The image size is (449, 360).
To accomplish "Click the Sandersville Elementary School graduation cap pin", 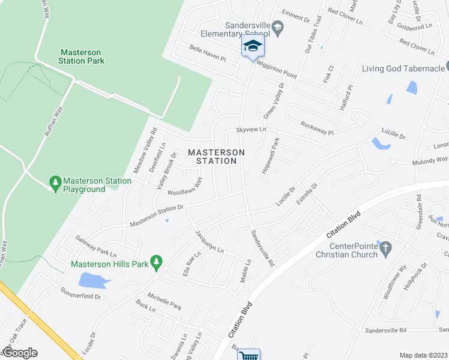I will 253,47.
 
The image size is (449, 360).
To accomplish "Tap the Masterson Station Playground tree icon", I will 55,181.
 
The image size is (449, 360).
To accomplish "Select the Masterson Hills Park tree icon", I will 157,261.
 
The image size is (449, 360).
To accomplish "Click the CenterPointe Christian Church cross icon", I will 387,247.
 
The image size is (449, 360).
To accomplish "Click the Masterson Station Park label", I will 82,56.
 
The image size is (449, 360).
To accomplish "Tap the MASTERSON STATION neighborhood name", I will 216,157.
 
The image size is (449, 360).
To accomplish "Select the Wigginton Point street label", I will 277,68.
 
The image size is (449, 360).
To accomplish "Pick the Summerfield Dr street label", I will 80,292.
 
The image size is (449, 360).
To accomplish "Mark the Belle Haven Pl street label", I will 206,55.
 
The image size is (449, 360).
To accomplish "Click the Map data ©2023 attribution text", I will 423,355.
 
